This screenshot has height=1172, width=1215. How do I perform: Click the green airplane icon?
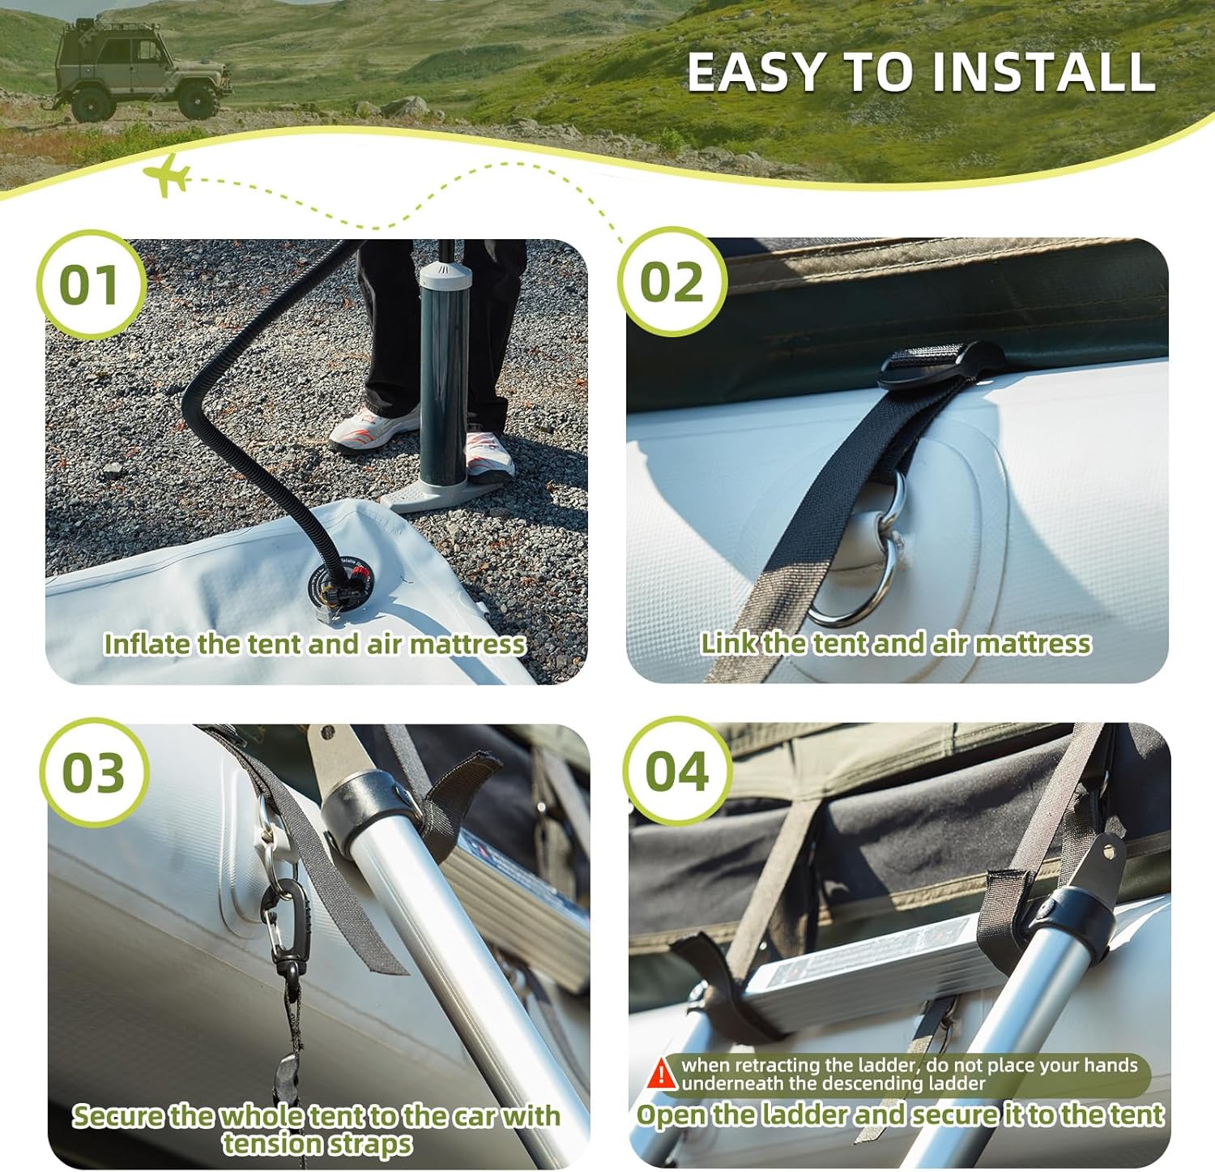(168, 174)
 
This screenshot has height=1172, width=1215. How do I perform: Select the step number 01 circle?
(91, 284)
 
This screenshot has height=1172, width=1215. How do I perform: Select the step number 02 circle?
(671, 282)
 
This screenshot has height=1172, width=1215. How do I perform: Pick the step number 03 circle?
(94, 772)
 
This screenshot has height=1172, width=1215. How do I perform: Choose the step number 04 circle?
(677, 770)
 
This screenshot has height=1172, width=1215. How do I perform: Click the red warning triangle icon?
(663, 1073)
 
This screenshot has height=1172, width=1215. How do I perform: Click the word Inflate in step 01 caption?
(148, 644)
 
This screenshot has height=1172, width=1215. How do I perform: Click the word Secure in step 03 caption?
(118, 1116)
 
